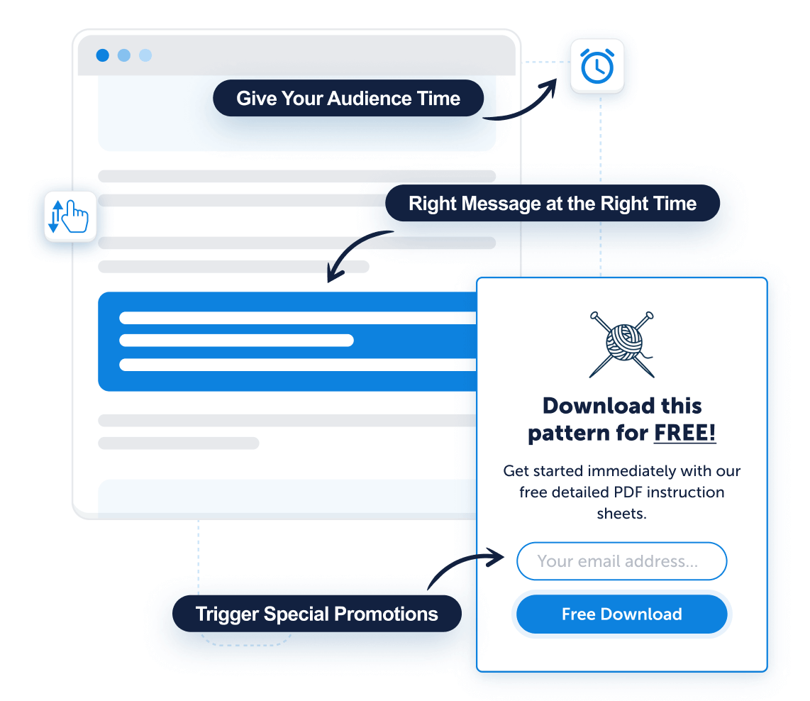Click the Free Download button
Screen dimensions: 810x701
621,614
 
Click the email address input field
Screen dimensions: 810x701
621,561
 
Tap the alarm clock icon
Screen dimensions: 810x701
597,65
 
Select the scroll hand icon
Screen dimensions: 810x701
70,216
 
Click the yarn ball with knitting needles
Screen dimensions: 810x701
622,345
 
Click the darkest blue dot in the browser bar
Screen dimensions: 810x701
103,55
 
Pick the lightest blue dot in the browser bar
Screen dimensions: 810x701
145,55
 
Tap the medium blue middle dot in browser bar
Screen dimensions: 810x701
124,55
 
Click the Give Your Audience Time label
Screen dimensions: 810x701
348,98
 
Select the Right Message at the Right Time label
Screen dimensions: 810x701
553,203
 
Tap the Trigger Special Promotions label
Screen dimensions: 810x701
316,614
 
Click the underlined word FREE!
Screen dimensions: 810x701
685,433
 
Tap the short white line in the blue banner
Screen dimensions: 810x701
237,341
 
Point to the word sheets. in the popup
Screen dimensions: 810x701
621,514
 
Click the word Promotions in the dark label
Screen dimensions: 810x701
386,614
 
